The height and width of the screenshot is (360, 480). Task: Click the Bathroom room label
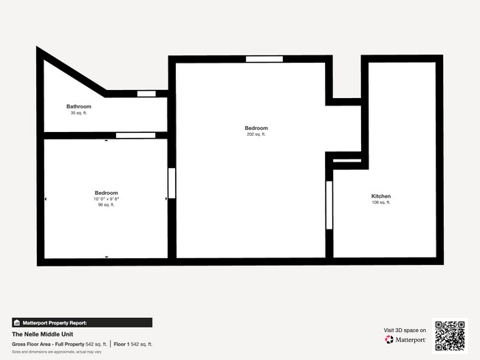pos(78,106)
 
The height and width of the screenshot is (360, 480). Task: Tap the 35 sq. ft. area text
pos(78,113)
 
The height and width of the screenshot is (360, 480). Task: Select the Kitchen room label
pos(381,195)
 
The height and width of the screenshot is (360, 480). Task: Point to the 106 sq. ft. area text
pos(381,202)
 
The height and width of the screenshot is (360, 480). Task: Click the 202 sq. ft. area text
pos(256,134)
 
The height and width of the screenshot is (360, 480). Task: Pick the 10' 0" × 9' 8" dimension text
pos(106,199)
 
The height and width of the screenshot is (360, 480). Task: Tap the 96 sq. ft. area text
pos(106,205)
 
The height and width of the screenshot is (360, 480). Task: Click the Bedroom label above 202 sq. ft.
pos(256,128)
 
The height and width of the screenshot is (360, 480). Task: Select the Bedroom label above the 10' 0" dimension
pos(106,193)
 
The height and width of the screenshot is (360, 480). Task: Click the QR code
pos(450,336)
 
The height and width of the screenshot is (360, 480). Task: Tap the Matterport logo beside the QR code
pos(405,340)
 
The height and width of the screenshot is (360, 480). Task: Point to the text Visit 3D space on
pos(405,330)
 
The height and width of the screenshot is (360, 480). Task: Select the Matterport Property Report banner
pos(81,322)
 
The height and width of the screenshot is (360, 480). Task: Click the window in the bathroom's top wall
pos(146,94)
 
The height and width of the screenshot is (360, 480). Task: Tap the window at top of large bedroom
pos(264,59)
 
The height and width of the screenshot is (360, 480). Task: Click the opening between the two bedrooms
pos(172,183)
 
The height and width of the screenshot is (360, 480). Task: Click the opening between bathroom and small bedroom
pos(135,135)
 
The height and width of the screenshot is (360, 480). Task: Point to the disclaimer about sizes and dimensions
pos(57,351)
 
